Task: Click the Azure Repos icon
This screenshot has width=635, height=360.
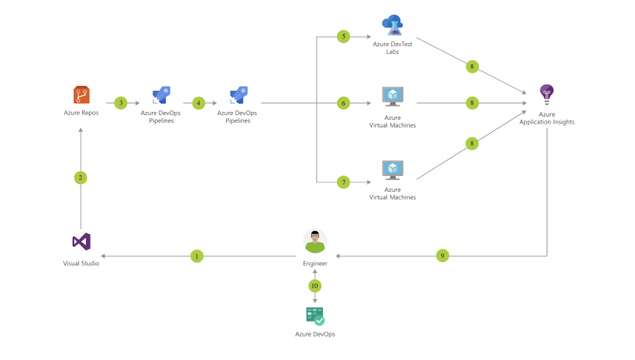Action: click(x=81, y=95)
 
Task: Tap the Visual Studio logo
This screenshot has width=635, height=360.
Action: click(x=81, y=242)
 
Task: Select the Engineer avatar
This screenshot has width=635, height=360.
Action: click(x=315, y=242)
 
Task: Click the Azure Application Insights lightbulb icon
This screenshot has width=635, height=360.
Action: click(x=547, y=95)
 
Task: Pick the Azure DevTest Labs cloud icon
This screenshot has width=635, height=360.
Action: click(x=392, y=25)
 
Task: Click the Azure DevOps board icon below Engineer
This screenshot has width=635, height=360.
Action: click(x=315, y=316)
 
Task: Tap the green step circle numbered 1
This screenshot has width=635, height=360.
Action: click(x=197, y=256)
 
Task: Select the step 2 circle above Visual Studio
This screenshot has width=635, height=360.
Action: click(x=81, y=178)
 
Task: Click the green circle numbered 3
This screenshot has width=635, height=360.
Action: click(x=120, y=103)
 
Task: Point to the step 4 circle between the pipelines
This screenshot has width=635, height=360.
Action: click(x=199, y=103)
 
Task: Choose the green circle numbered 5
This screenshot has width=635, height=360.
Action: click(x=343, y=37)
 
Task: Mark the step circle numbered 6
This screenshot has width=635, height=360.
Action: click(x=343, y=103)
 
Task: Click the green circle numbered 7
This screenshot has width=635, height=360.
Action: click(x=343, y=182)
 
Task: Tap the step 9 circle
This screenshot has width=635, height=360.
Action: click(x=443, y=256)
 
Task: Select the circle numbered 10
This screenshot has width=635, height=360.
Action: click(x=315, y=286)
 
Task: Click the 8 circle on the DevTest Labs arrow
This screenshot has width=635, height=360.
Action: click(x=472, y=67)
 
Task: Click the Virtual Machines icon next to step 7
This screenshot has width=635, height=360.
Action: click(x=392, y=170)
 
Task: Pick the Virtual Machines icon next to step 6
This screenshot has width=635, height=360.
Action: click(x=392, y=96)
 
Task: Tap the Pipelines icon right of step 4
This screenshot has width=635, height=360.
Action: click(x=238, y=96)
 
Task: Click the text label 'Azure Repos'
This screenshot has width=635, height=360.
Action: click(x=81, y=113)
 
